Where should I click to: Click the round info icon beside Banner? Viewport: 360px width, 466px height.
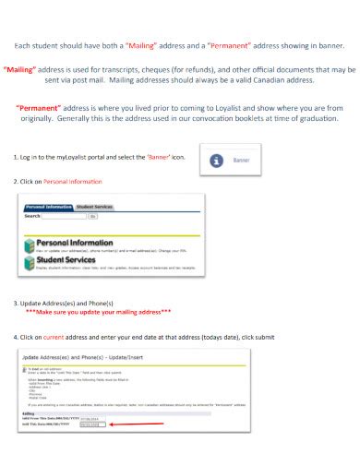217,161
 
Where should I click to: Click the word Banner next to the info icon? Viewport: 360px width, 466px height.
241,161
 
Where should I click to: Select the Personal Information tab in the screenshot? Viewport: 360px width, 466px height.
47,208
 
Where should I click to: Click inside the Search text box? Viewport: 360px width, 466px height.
73,216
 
